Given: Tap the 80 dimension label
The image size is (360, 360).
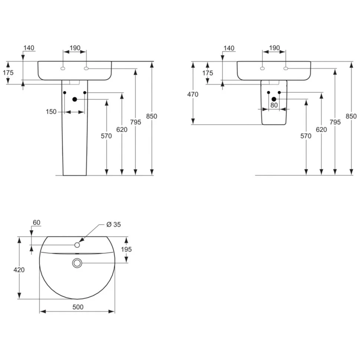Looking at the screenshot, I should [x=274, y=105].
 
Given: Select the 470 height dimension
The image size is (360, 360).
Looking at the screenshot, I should [x=193, y=94].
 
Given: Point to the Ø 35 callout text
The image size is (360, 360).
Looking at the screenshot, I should [x=114, y=224].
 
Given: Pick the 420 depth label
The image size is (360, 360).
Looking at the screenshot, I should [x=19, y=270].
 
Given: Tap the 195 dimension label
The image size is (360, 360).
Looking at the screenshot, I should [x=126, y=249].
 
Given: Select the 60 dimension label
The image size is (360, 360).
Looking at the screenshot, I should [x=36, y=223].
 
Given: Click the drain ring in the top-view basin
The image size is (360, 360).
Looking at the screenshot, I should [x=77, y=263].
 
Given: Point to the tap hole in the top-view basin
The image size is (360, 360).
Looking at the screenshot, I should [x=77, y=245].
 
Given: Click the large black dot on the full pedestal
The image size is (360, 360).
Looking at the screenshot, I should [x=75, y=99].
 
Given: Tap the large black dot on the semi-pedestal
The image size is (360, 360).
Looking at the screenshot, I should [x=274, y=99].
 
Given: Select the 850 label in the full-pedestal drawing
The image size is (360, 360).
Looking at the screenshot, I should [x=151, y=116].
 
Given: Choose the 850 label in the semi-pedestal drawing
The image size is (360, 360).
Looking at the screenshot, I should [x=351, y=116].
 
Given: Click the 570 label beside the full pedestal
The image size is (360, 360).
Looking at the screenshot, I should [x=106, y=136].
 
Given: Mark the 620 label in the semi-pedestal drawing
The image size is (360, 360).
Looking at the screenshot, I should [x=321, y=130].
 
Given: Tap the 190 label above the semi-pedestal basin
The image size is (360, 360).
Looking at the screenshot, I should [x=274, y=48].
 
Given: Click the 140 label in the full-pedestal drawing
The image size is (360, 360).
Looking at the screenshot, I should [x=29, y=48].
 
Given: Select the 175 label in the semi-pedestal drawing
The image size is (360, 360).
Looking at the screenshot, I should [x=208, y=73].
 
